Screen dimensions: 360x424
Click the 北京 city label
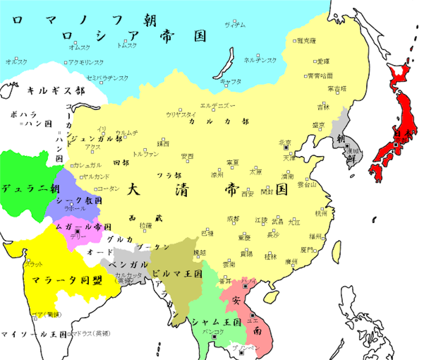click(x=285, y=142)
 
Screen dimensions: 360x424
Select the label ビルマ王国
click(x=177, y=274)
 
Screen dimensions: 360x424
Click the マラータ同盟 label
click(x=67, y=280)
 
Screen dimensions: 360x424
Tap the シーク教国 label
click(x=79, y=201)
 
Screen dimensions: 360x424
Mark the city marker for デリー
click(x=77, y=231)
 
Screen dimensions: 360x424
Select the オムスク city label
click(x=79, y=48)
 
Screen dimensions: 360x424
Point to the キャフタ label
click(x=231, y=82)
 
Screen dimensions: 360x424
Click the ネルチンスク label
click(x=260, y=60)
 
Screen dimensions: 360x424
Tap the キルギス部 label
click(x=55, y=90)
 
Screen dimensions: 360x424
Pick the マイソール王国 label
click(x=33, y=333)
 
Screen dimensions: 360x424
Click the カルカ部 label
click(x=219, y=122)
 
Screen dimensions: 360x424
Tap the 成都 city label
click(x=233, y=219)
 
